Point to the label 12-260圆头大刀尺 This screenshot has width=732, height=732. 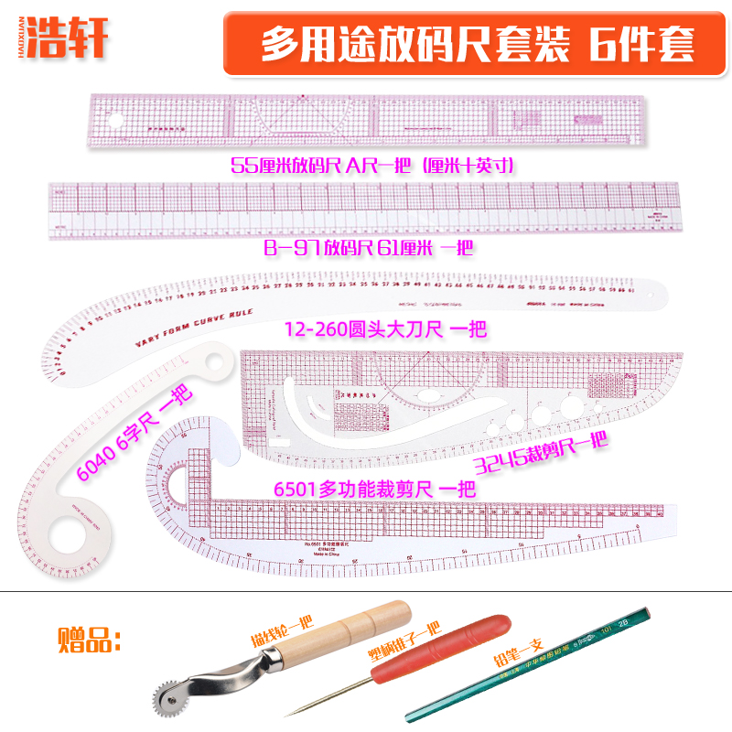click(x=383, y=328)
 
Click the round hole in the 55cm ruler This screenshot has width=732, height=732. click(x=117, y=121)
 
